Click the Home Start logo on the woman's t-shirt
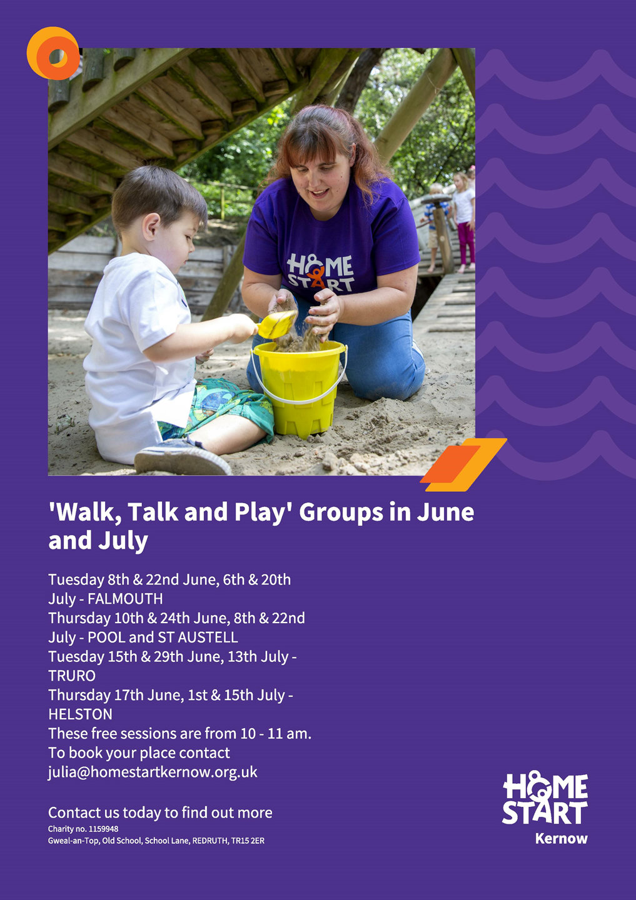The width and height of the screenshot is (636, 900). coord(320,272)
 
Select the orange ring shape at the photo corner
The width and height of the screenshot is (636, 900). coord(53,53)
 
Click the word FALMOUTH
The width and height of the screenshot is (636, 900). coord(125,599)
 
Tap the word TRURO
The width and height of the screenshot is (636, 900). coord(72,676)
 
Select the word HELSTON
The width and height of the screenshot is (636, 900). coord(81,714)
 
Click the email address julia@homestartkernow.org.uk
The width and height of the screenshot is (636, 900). coord(153,772)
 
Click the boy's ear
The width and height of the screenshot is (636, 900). coord(151,226)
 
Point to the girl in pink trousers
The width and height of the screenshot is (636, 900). coord(464,222)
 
